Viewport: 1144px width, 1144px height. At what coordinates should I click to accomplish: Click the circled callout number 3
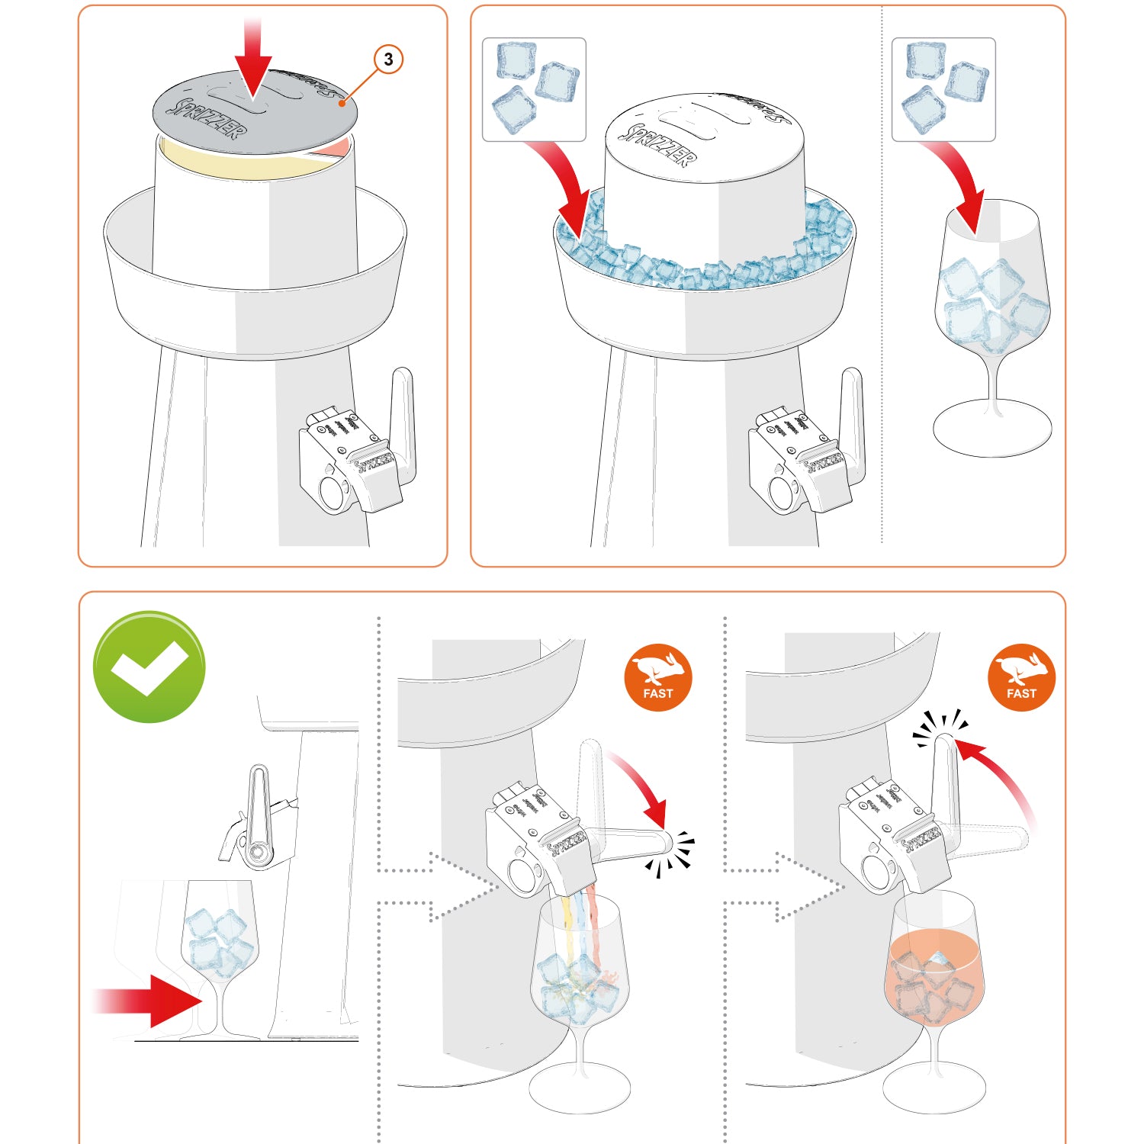[x=388, y=59]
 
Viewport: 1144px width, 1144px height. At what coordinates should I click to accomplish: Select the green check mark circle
[x=149, y=667]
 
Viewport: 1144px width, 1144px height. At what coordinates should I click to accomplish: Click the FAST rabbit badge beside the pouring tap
[x=658, y=678]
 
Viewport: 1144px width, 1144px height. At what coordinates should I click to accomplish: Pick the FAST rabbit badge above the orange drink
[x=1021, y=678]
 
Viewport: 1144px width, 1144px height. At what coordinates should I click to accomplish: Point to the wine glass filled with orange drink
[x=935, y=976]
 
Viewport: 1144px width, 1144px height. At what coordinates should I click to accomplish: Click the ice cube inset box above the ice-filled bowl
[x=534, y=89]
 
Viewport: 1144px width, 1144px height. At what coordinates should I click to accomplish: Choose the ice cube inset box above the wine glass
[x=943, y=89]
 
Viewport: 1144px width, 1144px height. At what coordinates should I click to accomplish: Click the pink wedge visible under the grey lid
[x=339, y=147]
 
